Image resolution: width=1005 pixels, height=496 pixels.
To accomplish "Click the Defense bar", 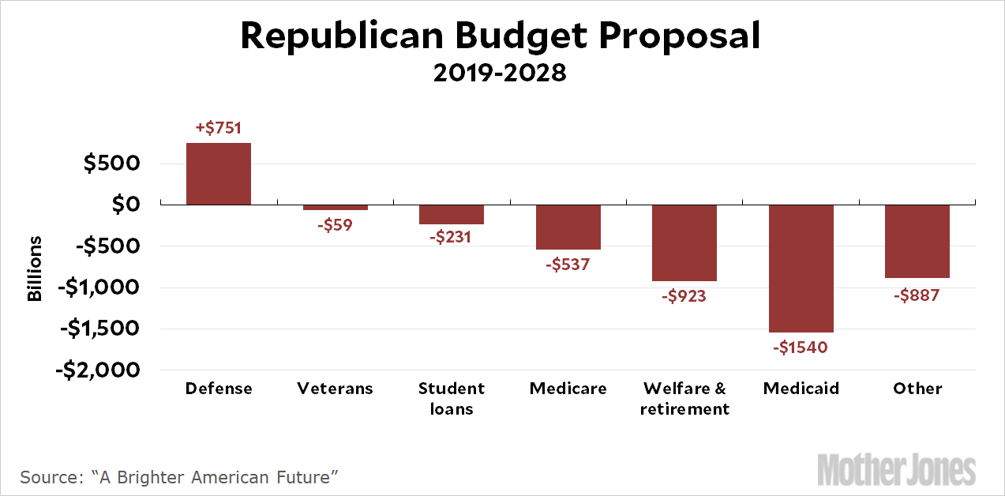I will coord(219,174).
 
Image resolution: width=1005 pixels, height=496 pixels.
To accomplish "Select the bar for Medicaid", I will coord(801,269).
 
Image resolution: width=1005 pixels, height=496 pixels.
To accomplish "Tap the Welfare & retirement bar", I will coord(684,243).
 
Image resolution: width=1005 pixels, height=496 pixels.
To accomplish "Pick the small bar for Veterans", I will coord(336,208).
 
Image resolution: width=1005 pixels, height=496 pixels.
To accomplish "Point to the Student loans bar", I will coord(452,215).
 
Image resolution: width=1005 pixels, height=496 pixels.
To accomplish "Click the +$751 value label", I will coord(219,127).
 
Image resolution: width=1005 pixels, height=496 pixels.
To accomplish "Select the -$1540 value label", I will coord(801,348).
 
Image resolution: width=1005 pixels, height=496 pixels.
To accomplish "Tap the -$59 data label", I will coord(336,225).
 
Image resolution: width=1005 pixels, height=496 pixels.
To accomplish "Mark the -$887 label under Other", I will coord(917,295).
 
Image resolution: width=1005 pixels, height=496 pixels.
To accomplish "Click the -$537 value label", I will coord(568,265).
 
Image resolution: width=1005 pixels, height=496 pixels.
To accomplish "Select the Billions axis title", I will coord(35,268).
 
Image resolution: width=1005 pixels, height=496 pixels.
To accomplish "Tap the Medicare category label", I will coord(568,389).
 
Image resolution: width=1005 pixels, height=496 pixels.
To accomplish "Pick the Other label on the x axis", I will coord(917,389).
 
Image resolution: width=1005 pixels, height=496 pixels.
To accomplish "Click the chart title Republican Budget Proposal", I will coord(501,36).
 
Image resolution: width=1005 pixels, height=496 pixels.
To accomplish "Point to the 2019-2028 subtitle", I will coord(501,73).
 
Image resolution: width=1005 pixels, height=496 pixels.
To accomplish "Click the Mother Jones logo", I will coord(897,470).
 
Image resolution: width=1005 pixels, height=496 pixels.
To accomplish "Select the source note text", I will coord(179,477).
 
